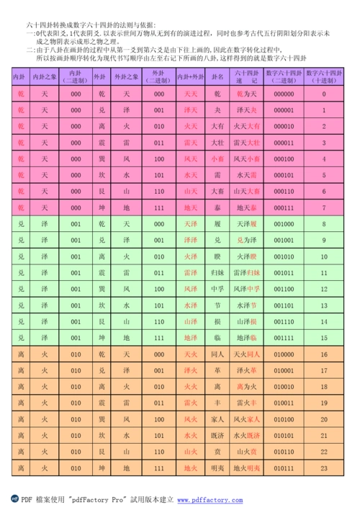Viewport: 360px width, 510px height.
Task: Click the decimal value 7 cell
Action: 325,208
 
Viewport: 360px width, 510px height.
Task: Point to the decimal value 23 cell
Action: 325,468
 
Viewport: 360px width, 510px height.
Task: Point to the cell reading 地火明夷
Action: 247,468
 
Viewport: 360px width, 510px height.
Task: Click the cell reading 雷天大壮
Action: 247,143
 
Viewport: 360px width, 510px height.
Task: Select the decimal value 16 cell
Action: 325,354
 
